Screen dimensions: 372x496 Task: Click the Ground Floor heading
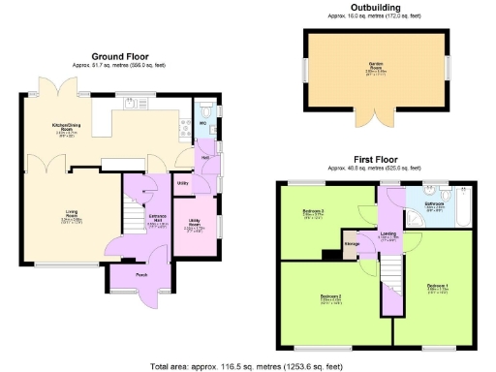pyautogui.click(x=119, y=57)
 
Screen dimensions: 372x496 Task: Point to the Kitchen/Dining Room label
pyautogui.click(x=67, y=127)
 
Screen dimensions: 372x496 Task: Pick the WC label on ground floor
pyautogui.click(x=203, y=124)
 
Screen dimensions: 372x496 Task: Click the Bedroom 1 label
pyautogui.click(x=438, y=287)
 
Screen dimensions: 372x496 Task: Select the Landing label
pyautogui.click(x=388, y=233)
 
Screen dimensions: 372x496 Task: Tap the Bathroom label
pyautogui.click(x=435, y=204)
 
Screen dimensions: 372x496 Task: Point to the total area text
pyautogui.click(x=248, y=366)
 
